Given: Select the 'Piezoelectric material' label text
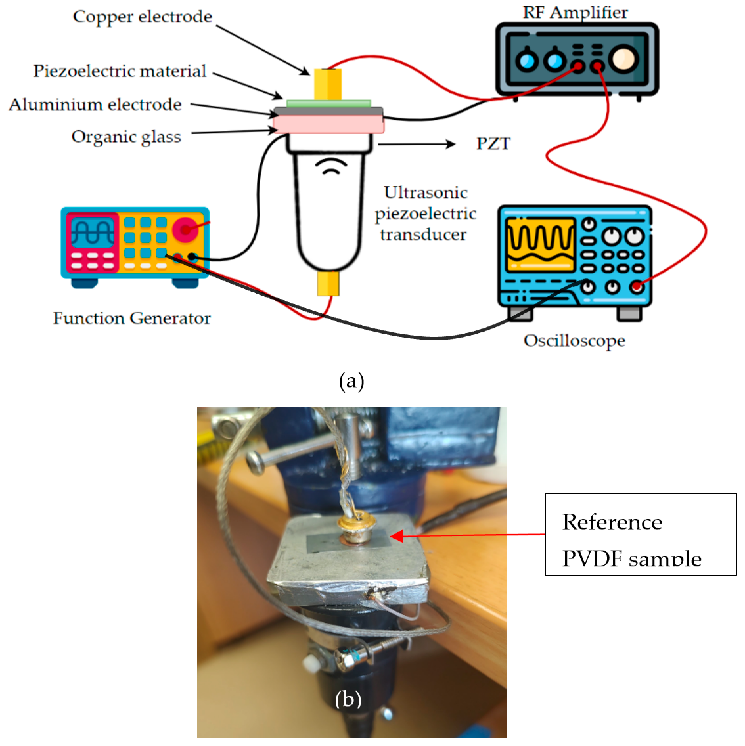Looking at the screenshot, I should (x=120, y=72).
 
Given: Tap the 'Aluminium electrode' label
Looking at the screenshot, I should (x=95, y=105).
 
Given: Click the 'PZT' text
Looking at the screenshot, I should (x=493, y=144).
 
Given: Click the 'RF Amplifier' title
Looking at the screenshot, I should (x=575, y=13).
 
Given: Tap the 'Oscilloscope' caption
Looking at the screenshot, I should (x=574, y=341).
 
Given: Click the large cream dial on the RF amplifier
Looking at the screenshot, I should (x=623, y=59).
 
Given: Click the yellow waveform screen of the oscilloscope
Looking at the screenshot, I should (x=540, y=245).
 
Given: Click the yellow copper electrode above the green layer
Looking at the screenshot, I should (x=328, y=84).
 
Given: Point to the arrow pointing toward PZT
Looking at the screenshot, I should (x=417, y=144).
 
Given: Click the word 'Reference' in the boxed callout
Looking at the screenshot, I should (x=612, y=522).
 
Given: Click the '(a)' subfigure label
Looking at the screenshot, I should (x=351, y=382).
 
